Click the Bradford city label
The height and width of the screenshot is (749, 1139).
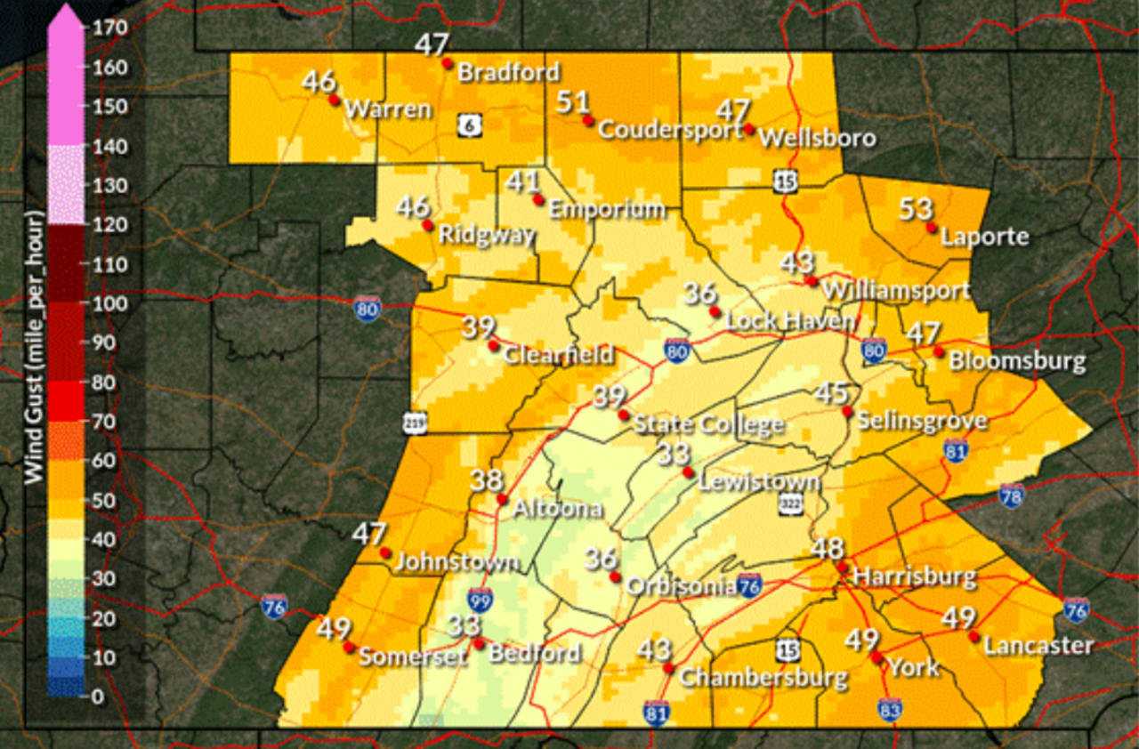click(x=508, y=72)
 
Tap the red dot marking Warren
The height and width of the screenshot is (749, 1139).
click(x=335, y=100)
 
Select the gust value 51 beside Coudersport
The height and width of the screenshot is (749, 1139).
click(x=573, y=102)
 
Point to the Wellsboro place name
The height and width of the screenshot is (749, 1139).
click(x=818, y=138)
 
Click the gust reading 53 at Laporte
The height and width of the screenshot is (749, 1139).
click(x=916, y=209)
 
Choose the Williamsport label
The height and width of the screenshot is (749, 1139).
click(x=895, y=290)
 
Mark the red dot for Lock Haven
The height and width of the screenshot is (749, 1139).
click(x=715, y=311)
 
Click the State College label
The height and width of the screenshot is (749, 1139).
click(x=708, y=424)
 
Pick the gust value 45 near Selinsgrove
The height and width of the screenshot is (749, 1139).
click(x=832, y=392)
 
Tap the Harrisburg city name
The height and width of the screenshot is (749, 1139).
click(x=914, y=576)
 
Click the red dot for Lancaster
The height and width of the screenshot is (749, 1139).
click(x=974, y=637)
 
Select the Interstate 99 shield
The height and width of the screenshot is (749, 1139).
click(x=481, y=600)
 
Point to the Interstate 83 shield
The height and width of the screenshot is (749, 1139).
click(x=889, y=709)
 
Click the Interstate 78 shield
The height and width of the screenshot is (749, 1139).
click(x=1012, y=495)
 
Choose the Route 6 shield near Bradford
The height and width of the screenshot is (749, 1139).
click(x=471, y=125)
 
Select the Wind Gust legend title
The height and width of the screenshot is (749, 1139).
click(x=35, y=347)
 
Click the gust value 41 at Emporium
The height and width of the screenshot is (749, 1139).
click(x=523, y=182)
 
